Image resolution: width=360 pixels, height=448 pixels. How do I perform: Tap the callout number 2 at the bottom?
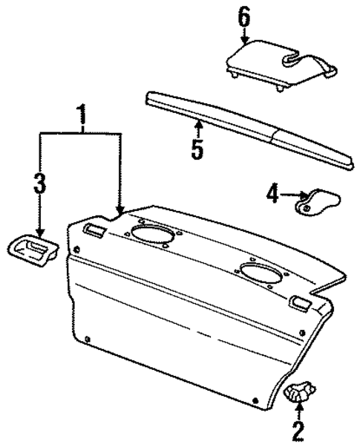tap(298, 430)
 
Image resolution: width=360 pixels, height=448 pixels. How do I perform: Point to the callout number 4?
tap(272, 195)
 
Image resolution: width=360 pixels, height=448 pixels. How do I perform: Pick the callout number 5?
tap(197, 147)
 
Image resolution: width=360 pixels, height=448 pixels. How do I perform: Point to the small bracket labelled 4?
tap(317, 201)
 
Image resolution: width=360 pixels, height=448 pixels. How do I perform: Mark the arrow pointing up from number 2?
tap(298, 410)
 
